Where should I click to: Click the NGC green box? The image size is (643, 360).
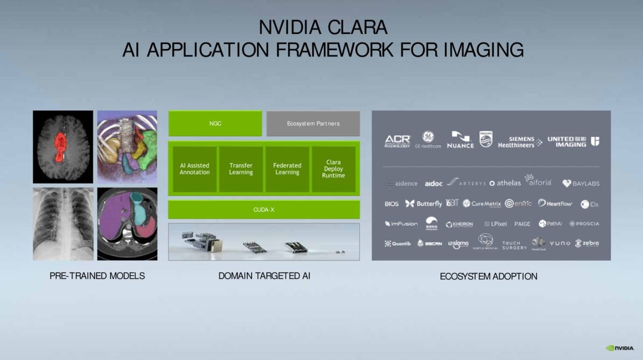tap(215, 124)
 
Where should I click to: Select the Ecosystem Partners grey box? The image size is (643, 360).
tap(313, 124)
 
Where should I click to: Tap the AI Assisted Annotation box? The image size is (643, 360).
tap(195, 169)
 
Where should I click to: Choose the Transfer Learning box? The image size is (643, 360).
tap(241, 169)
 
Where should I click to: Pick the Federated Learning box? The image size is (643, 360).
tap(288, 169)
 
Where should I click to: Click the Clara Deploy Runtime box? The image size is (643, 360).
tap(333, 169)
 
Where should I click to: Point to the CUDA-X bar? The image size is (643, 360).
tap(264, 210)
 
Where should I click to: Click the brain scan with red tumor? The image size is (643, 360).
tap(63, 146)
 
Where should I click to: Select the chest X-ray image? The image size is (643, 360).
tap(63, 224)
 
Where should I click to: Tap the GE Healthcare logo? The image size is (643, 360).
tap(428, 140)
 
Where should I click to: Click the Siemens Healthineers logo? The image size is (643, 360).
tap(519, 142)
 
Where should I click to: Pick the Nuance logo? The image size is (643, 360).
tap(460, 140)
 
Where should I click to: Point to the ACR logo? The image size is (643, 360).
tap(397, 141)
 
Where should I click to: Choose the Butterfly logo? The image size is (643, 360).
tap(423, 204)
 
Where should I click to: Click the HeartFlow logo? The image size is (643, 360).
tap(555, 203)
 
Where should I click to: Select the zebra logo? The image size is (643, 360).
tap(587, 243)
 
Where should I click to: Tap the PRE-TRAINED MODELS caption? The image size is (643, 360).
tap(97, 276)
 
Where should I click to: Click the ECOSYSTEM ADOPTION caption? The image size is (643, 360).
tap(489, 276)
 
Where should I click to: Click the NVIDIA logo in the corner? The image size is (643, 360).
tap(620, 348)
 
